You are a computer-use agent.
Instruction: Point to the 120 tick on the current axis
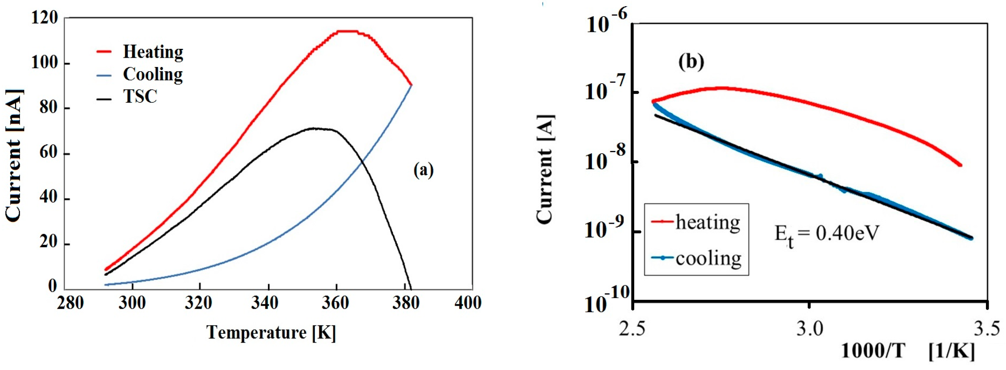pos(44,18)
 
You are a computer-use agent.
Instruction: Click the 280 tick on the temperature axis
pos(70,303)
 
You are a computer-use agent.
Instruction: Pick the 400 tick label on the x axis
pos(468,303)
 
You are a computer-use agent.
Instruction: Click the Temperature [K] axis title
pos(271,333)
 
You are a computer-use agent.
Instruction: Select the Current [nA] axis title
pos(14,156)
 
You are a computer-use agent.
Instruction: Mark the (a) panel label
pos(423,170)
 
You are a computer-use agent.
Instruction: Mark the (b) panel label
pos(691,62)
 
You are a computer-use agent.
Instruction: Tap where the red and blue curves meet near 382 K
pos(411,85)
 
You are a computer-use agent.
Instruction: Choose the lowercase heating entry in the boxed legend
pos(707,222)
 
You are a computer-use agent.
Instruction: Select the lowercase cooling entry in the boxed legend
pos(708,258)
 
